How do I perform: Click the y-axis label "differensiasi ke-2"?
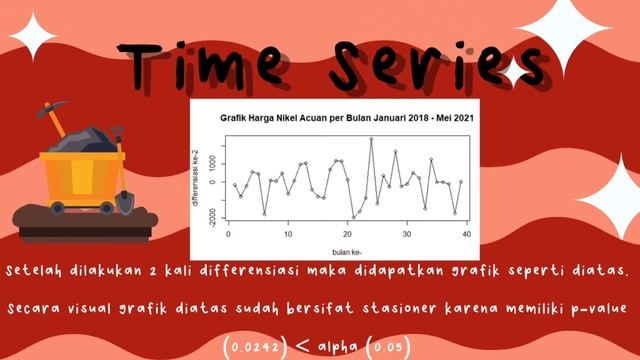[x=209, y=181]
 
